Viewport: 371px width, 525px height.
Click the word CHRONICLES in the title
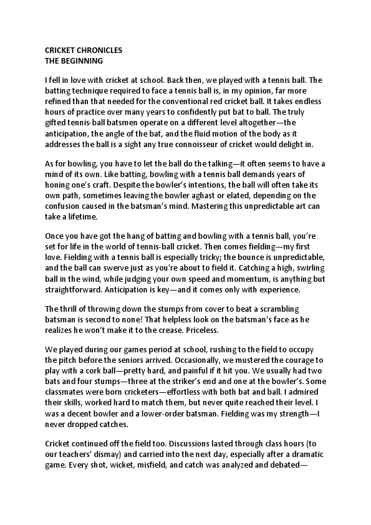(97, 50)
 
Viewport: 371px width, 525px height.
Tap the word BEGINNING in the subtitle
(83, 61)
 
